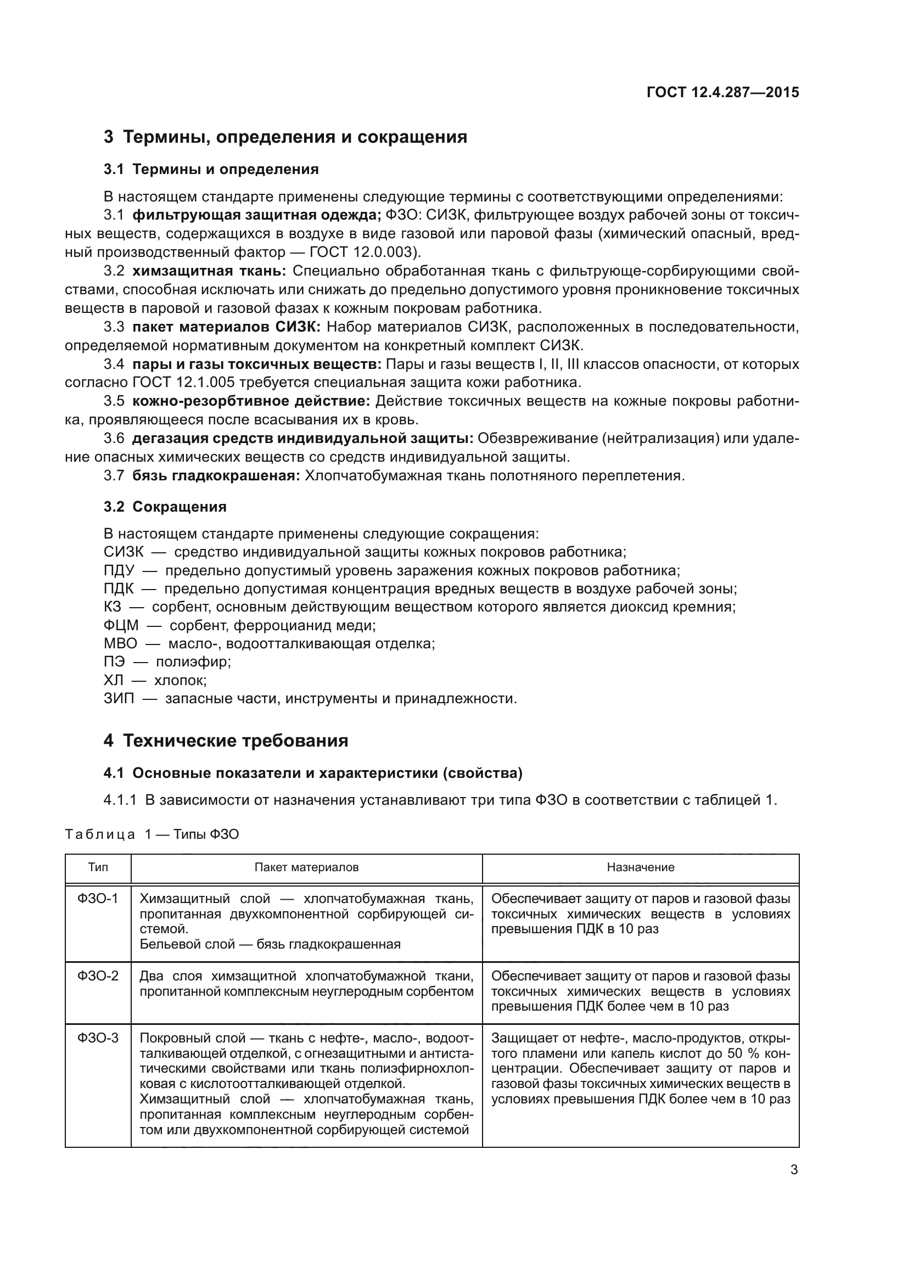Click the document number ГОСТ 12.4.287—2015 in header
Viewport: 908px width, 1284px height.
722,92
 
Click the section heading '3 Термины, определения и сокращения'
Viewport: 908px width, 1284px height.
285,137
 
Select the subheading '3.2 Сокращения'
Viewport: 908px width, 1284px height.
165,507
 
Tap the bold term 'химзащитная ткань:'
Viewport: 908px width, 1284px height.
209,271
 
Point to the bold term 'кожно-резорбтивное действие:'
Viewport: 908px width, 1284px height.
251,401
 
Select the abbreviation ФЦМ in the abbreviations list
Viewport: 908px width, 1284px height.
121,625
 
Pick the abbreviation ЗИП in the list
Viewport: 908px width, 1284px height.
119,698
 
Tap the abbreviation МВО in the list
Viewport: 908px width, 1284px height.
120,644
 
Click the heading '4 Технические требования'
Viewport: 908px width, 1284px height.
226,741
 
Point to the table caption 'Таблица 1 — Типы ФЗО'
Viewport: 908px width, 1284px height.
152,834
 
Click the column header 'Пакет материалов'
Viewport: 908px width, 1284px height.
306,867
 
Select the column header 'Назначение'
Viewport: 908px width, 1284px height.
641,867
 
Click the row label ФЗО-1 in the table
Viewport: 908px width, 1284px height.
98,899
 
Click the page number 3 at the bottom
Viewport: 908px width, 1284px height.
794,1169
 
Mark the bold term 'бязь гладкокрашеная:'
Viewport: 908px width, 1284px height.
216,476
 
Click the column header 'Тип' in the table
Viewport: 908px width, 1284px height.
98,867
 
